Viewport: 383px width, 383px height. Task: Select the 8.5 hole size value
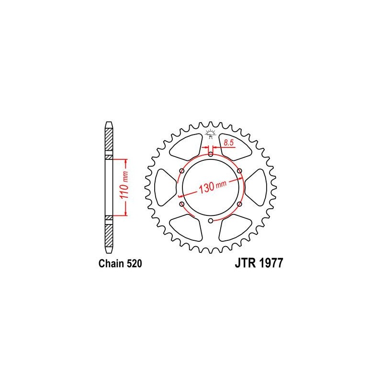tap(228, 143)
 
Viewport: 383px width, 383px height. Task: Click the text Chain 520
tap(120, 264)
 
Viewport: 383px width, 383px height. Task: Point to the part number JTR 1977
tap(259, 263)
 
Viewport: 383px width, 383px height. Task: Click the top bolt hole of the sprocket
tap(211, 154)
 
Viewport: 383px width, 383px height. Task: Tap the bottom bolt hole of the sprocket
tap(211, 221)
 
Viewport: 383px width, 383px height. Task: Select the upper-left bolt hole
tap(182, 171)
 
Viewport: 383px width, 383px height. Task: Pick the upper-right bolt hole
tap(240, 171)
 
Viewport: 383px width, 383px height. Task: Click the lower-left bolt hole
tap(182, 204)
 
